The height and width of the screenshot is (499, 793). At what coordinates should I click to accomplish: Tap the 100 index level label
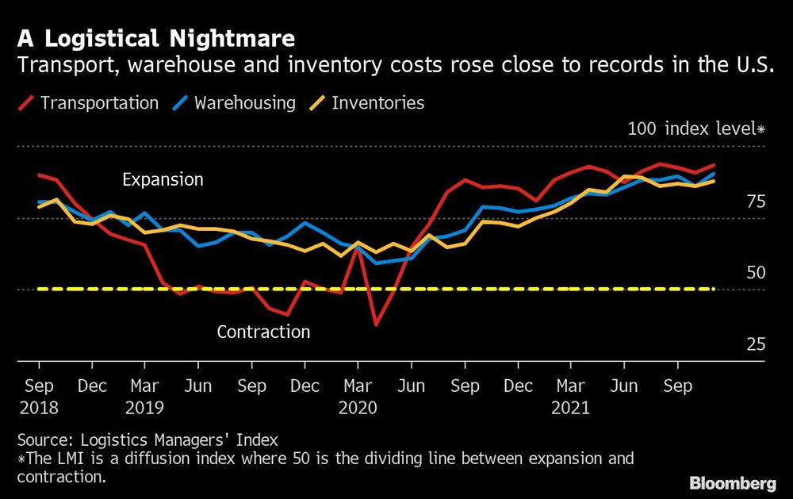695,129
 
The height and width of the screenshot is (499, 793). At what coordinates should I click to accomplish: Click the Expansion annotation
163,180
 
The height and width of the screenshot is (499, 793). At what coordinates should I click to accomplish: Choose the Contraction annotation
263,332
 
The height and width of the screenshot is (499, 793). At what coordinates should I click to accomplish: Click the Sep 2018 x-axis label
39,397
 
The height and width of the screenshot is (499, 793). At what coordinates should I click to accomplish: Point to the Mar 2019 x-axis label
144,397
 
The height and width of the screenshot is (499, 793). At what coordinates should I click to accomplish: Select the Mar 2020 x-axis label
358,397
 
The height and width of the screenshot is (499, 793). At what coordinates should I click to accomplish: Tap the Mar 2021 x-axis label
571,397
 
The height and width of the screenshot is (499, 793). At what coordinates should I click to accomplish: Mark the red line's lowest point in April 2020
375,324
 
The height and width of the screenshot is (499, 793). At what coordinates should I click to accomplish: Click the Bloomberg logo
732,483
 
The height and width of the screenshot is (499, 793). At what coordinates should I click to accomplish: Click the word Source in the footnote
40,440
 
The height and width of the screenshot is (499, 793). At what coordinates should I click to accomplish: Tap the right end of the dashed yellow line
715,290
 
